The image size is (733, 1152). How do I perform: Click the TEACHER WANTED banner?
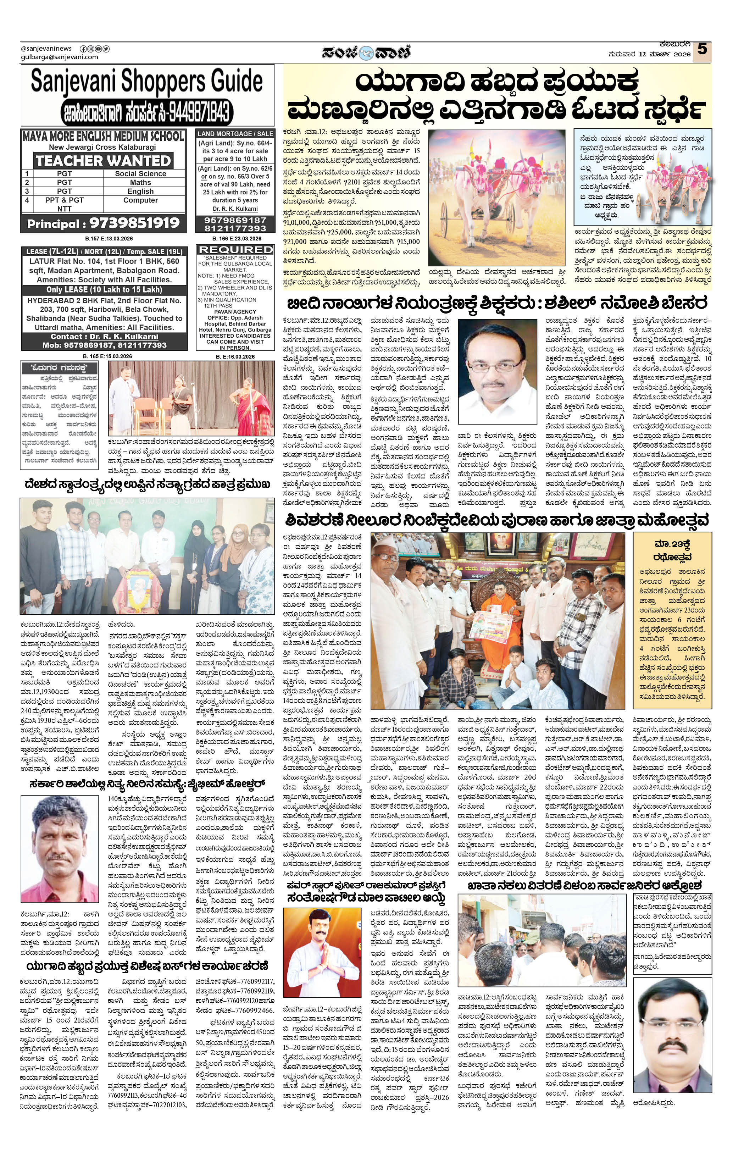point(103,160)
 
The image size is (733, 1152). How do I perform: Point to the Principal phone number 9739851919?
point(103,223)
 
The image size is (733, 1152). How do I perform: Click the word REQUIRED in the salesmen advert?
point(235,250)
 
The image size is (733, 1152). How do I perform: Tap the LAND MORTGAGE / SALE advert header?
point(235,134)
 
